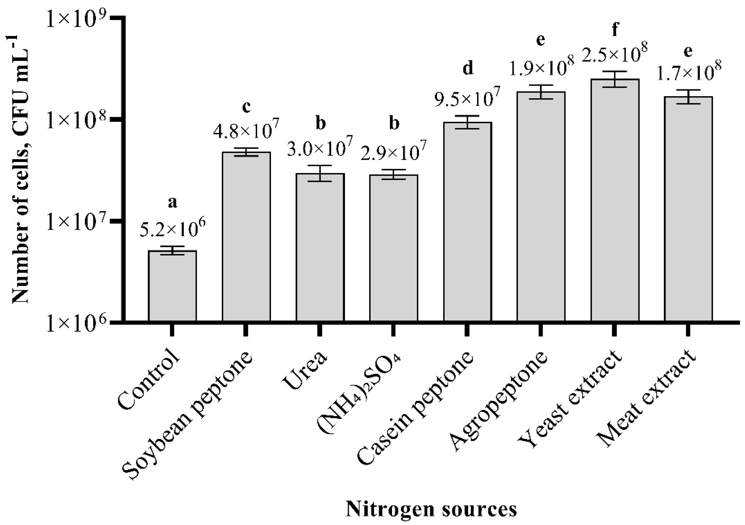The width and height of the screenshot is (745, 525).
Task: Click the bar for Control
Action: click(x=172, y=286)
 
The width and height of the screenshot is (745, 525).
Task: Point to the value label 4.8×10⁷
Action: click(x=246, y=130)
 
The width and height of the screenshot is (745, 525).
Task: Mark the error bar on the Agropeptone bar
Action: click(x=541, y=92)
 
